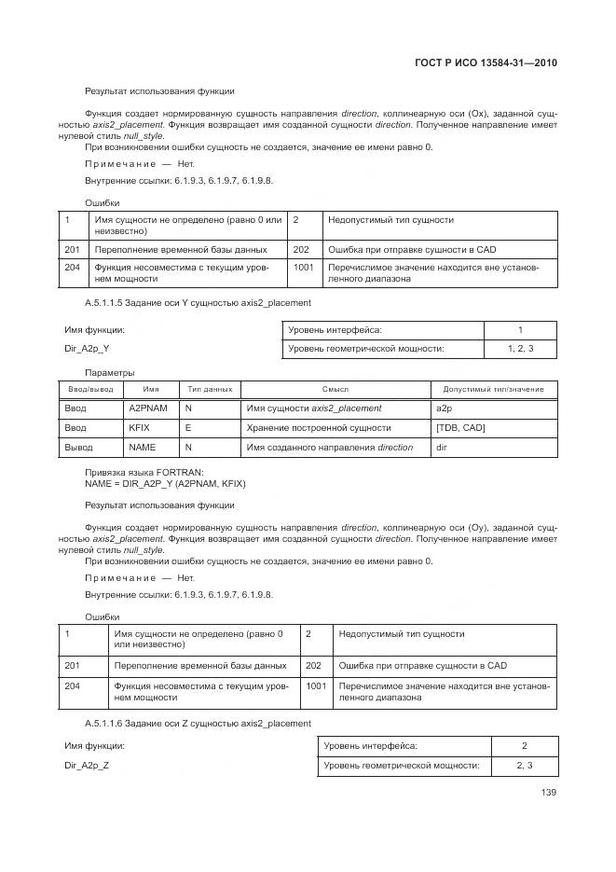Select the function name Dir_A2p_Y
(x=86, y=348)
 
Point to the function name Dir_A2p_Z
(x=86, y=765)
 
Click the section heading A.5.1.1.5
(x=198, y=303)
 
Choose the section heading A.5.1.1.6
(x=198, y=723)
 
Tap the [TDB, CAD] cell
(x=460, y=428)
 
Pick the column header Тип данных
(x=210, y=389)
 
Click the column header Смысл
(x=335, y=389)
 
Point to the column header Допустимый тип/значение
(x=493, y=389)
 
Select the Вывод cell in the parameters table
(x=77, y=448)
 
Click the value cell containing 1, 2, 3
(x=520, y=349)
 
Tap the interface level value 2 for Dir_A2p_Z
(x=524, y=746)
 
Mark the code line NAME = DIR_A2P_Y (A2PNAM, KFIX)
(x=165, y=483)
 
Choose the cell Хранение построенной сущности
(x=318, y=428)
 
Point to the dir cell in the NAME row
(x=443, y=448)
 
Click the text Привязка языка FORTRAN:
(x=144, y=472)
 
